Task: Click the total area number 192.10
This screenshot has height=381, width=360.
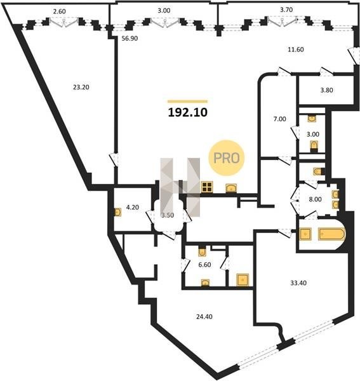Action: point(188,112)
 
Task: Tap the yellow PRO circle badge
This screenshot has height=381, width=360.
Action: point(227,158)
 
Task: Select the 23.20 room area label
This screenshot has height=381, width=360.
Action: point(81,87)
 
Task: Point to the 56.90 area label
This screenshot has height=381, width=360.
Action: point(130,38)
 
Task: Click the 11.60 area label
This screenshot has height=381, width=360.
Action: point(296,50)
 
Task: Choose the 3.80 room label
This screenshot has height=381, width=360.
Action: point(326,90)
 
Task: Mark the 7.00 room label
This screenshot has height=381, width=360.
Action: point(280,119)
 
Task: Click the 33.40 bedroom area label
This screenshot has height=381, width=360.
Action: point(298,283)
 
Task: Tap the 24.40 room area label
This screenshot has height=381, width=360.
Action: point(204,317)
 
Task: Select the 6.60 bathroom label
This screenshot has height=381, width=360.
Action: point(204,265)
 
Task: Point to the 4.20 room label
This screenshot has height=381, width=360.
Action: point(133,207)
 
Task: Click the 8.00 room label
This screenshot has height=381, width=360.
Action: point(315,199)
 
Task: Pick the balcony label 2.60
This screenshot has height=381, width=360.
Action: point(59,11)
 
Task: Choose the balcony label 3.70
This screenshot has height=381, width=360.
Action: point(286,10)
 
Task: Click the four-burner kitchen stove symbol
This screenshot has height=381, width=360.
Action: point(207,187)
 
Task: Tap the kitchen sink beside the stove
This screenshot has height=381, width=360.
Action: point(231,189)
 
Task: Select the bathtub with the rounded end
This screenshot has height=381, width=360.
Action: point(331,234)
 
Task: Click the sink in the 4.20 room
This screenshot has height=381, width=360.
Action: point(118,212)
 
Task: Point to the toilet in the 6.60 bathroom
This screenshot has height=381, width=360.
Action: point(202,251)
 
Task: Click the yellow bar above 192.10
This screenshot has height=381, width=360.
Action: point(187,102)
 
